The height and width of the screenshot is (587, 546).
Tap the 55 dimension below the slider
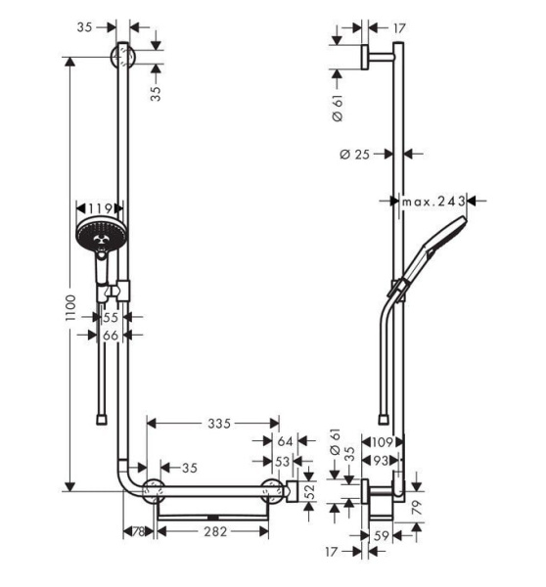[111, 318]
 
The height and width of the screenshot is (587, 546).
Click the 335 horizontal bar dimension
[217, 424]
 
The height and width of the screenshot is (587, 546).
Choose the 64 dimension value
[285, 442]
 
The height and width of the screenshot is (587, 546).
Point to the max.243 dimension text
[432, 201]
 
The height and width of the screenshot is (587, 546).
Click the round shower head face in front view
[97, 236]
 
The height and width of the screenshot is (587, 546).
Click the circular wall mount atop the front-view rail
[123, 56]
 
